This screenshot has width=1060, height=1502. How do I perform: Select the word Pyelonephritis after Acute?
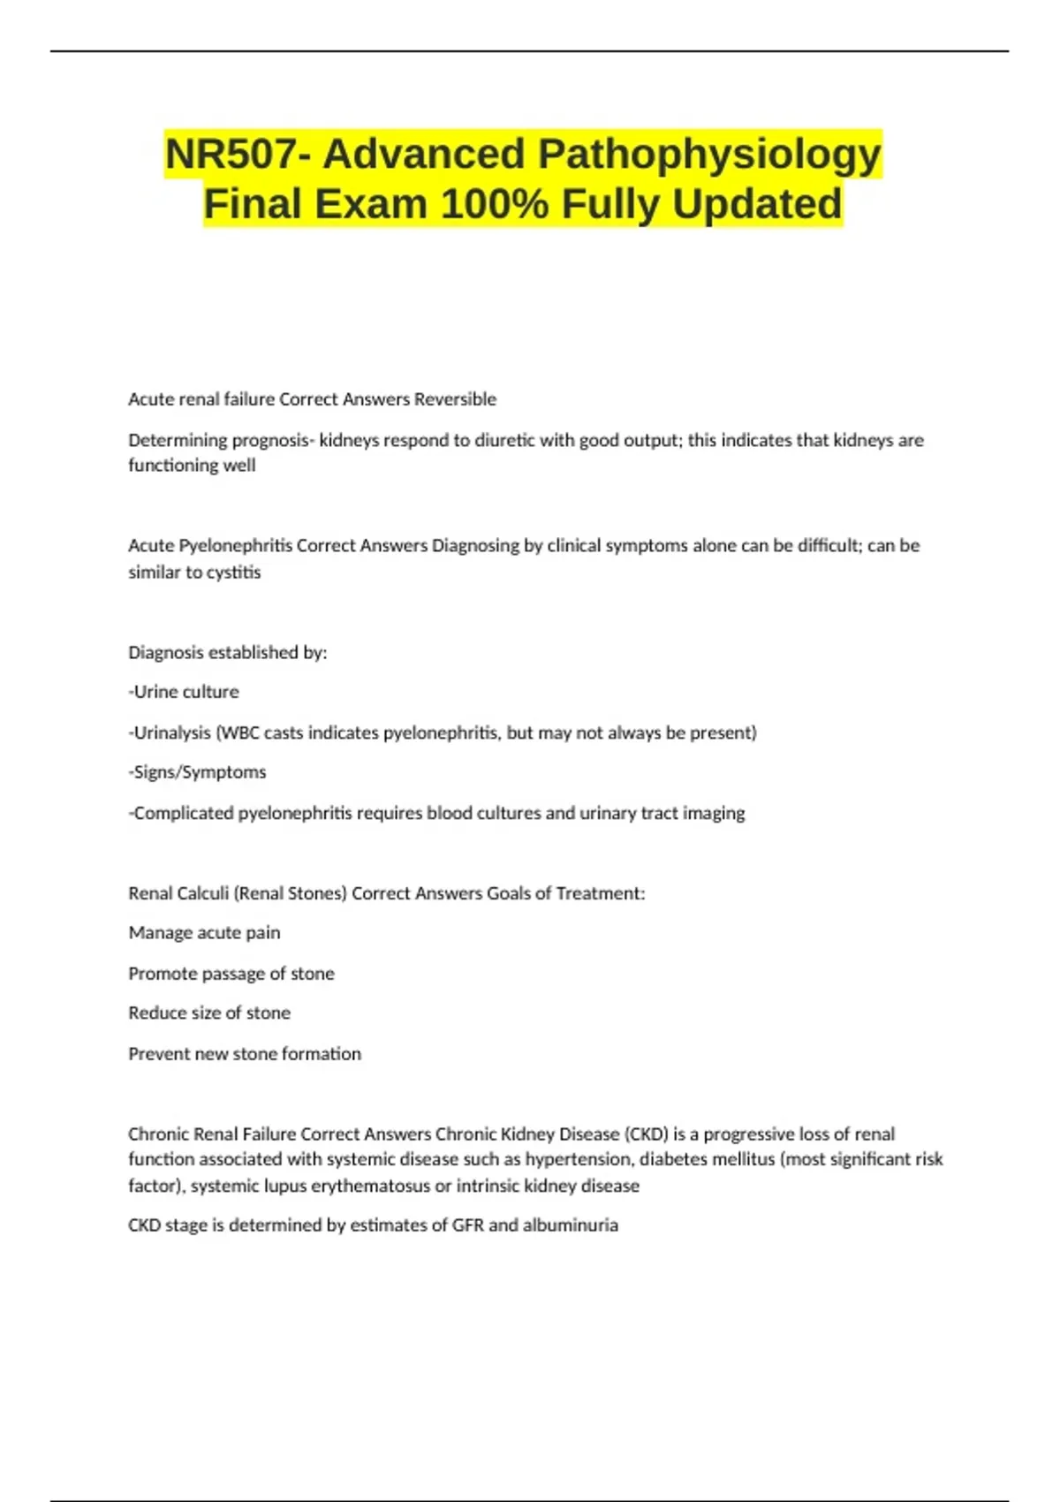[x=236, y=546]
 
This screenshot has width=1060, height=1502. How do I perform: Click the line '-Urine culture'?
[x=184, y=692]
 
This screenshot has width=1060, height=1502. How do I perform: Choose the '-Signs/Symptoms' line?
[x=197, y=772]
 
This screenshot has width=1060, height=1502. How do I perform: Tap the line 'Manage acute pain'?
[x=204, y=933]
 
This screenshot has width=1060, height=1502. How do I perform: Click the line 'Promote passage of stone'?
[x=231, y=974]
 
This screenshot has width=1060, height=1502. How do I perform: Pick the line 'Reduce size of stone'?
[x=209, y=1013]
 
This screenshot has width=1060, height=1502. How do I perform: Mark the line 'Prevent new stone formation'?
[x=245, y=1054]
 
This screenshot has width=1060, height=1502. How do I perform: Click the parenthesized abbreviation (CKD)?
[x=646, y=1134]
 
